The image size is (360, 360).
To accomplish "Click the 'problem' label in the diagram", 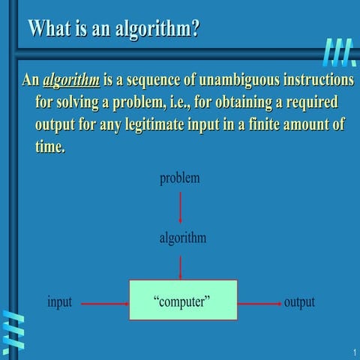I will [x=180, y=178].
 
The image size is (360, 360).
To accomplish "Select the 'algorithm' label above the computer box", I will [x=182, y=238].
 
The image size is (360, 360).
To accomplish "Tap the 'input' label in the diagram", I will [x=60, y=302].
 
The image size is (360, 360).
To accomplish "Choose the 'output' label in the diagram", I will [x=299, y=302].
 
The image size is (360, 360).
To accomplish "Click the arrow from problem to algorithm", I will [x=180, y=207].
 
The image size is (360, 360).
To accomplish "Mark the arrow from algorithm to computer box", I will [x=180, y=265].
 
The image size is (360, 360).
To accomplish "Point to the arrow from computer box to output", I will [x=259, y=304].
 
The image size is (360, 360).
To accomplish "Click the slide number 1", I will [x=352, y=352].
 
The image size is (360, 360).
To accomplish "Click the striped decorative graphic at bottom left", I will [x=13, y=330].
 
